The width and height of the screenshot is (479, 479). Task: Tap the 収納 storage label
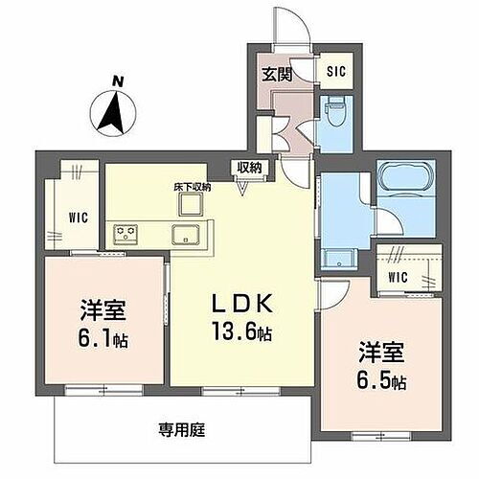click(252, 169)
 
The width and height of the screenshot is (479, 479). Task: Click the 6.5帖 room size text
click(382, 380)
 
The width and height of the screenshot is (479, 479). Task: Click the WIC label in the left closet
click(79, 217)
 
